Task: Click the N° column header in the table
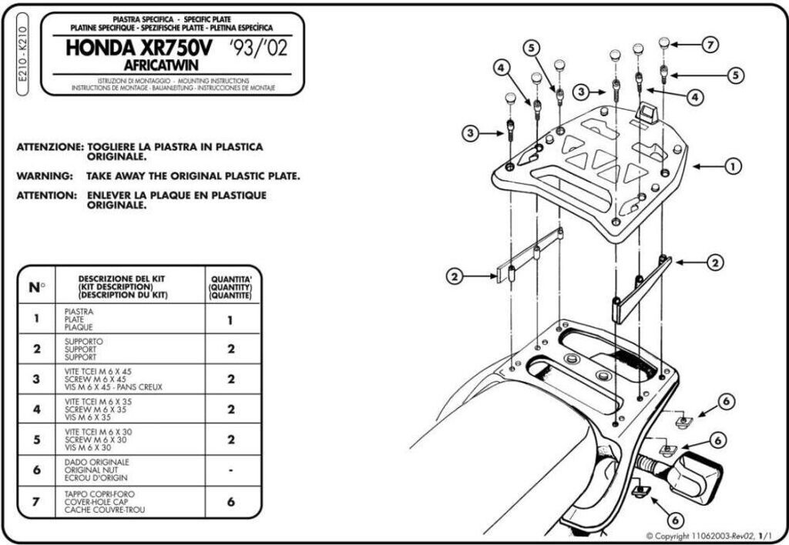click(x=37, y=287)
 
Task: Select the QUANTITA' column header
click(x=231, y=287)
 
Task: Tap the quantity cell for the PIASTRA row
click(x=231, y=319)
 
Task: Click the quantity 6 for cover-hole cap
click(x=231, y=501)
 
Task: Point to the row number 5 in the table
click(x=37, y=440)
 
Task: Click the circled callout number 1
click(x=733, y=165)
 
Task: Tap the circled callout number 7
click(x=710, y=44)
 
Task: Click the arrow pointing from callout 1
click(x=707, y=166)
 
